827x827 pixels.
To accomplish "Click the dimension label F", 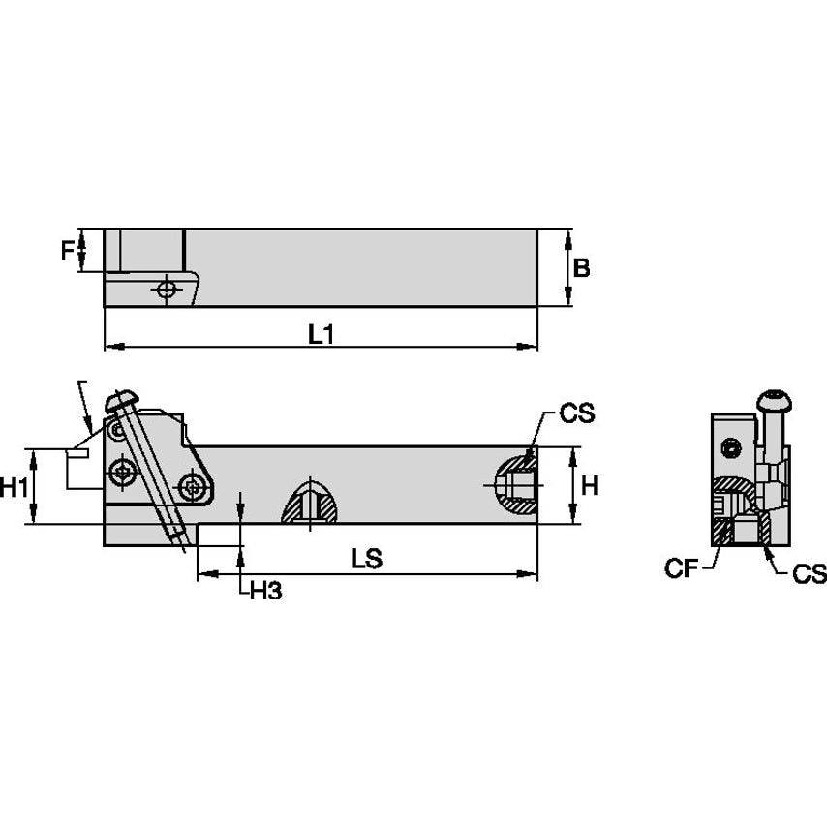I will tap(67, 251).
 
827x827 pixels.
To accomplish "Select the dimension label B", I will tap(581, 268).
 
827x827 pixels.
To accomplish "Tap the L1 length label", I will tap(322, 335).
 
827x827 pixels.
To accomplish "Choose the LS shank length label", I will tap(367, 559).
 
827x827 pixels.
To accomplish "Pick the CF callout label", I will tap(680, 569).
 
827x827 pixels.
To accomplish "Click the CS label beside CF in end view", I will tap(809, 574).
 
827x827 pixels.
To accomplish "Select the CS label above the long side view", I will tap(576, 414).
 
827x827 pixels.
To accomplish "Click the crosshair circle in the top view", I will tap(168, 289).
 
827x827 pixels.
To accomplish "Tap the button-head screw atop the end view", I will tap(773, 400).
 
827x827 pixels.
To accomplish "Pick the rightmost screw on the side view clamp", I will tap(195, 483).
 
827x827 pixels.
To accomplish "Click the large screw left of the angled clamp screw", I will tap(123, 473).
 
